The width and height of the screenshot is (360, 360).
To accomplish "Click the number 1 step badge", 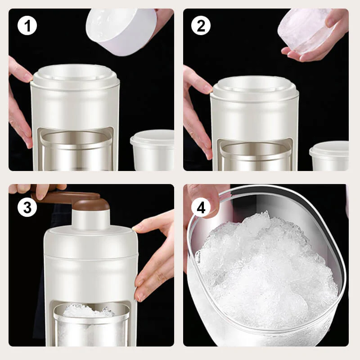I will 27,27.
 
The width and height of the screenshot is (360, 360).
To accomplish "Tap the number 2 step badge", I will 201,27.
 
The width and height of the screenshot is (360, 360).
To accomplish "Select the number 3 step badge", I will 27,207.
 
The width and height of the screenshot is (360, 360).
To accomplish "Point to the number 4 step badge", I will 201,207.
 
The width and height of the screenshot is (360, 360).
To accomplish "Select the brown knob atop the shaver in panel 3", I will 91,205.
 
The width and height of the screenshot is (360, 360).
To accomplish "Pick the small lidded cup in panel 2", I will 330,155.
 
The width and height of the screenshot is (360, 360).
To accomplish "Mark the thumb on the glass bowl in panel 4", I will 205,198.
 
